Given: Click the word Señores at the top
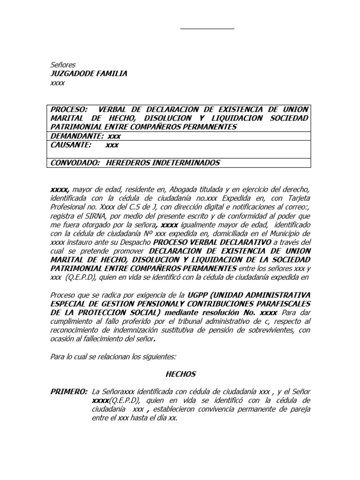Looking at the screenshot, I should click(x=63, y=65).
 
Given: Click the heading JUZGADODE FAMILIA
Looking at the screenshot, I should click(x=89, y=74).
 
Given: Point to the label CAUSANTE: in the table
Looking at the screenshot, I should click(x=69, y=145).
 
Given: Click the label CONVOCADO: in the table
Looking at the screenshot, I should click(x=75, y=163).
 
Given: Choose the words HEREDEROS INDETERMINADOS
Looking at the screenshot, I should click(x=163, y=163).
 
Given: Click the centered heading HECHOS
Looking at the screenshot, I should click(x=180, y=374).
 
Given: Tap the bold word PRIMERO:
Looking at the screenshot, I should click(x=69, y=391).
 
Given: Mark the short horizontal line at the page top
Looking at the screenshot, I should click(x=207, y=29).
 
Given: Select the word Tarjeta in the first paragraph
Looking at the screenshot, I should click(x=297, y=198).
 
